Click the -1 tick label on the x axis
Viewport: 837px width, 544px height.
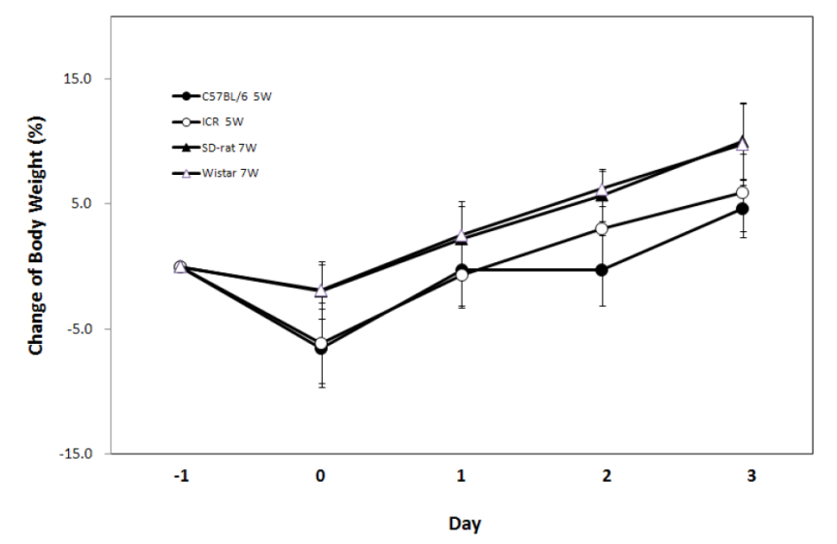click(x=180, y=476)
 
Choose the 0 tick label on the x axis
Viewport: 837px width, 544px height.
click(x=321, y=476)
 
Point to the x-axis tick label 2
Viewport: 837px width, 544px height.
click(x=603, y=476)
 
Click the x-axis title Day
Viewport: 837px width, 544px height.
click(x=464, y=524)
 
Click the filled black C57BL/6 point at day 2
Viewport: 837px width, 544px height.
click(x=603, y=269)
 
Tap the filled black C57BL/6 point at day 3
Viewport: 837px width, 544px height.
click(x=743, y=209)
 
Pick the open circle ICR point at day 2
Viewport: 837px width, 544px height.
click(x=603, y=228)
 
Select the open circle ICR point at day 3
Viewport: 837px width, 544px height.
click(x=743, y=192)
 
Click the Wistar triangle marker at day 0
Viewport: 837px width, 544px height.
click(x=321, y=289)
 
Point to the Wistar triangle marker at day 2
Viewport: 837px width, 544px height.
click(x=603, y=189)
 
